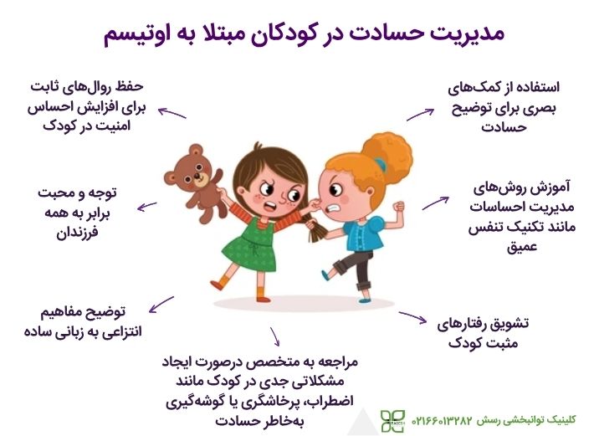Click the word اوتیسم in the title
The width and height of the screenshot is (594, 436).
click(139, 35)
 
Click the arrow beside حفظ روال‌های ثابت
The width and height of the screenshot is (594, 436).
click(172, 112)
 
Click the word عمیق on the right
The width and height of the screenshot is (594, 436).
click(521, 247)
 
